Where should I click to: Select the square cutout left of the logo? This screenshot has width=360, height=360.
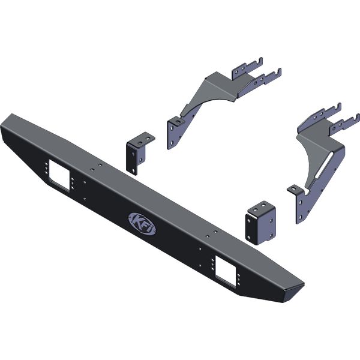59,173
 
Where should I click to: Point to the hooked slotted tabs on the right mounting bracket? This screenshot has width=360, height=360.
327,121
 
